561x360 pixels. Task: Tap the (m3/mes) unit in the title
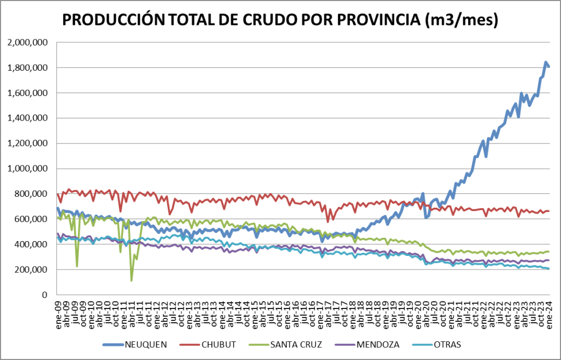(x=461, y=20)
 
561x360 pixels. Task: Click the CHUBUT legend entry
(x=218, y=345)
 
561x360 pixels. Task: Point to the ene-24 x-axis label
(x=548, y=312)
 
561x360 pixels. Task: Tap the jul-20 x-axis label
(x=434, y=312)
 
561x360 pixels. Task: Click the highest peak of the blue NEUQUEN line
(x=546, y=62)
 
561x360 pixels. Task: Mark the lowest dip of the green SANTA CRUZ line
(x=132, y=281)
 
